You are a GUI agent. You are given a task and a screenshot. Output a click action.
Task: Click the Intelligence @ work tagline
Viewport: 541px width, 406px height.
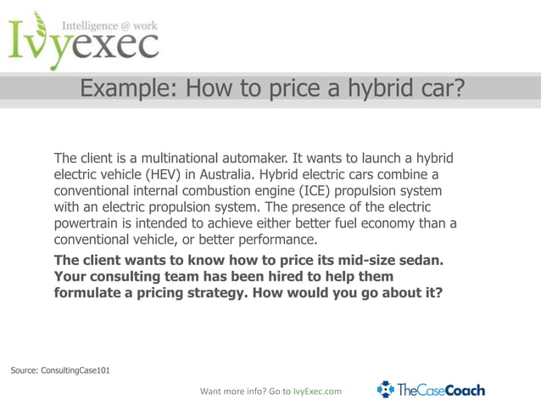click(x=110, y=26)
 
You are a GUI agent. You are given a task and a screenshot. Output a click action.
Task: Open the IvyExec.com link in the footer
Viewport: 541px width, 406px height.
click(x=317, y=392)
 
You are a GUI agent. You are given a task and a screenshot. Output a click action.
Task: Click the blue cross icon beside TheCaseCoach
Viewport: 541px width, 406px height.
click(x=386, y=390)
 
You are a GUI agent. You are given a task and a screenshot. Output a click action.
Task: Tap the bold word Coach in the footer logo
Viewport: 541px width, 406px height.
click(x=466, y=390)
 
